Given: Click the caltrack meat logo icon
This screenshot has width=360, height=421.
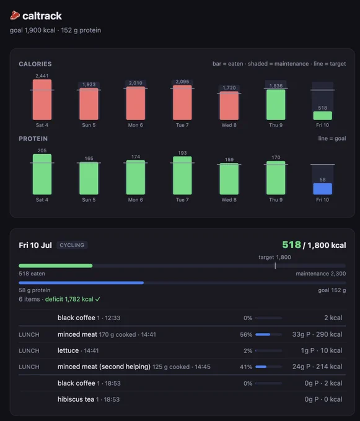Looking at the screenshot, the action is [x=15, y=15].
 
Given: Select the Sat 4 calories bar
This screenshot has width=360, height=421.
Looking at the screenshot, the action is [x=42, y=100].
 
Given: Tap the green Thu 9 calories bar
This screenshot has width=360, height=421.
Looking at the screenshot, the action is [x=276, y=105].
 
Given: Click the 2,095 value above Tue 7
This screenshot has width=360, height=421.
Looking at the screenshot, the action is [x=182, y=82].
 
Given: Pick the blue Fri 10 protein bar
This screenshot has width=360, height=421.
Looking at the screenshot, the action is [x=322, y=189].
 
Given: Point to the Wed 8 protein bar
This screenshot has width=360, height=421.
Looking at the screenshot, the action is [x=229, y=179].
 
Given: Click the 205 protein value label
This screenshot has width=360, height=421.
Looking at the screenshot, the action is [x=42, y=150].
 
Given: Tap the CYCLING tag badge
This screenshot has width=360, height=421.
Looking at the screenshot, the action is [x=72, y=245].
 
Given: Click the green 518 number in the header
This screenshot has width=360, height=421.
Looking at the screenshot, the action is [x=291, y=245].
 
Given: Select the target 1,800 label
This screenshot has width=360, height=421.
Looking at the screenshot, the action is [x=274, y=257].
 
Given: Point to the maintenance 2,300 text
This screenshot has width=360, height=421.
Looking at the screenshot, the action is [x=321, y=274].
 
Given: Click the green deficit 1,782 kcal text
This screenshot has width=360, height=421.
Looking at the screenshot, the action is [x=72, y=299].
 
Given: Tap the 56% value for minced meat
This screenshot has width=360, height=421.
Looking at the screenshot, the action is [x=246, y=334].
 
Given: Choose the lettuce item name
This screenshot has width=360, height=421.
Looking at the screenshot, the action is [x=68, y=350].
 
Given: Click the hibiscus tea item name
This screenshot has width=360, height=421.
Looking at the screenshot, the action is [x=76, y=399].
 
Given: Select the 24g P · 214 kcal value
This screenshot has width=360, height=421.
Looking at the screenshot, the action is [x=317, y=367].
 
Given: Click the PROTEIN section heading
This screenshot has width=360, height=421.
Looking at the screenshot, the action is [x=33, y=139].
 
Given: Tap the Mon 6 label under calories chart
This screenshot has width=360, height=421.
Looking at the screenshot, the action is [x=136, y=125].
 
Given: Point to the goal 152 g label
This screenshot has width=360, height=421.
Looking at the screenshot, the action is [x=332, y=290].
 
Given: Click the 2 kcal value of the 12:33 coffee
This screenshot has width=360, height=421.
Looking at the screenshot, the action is [x=333, y=318].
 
